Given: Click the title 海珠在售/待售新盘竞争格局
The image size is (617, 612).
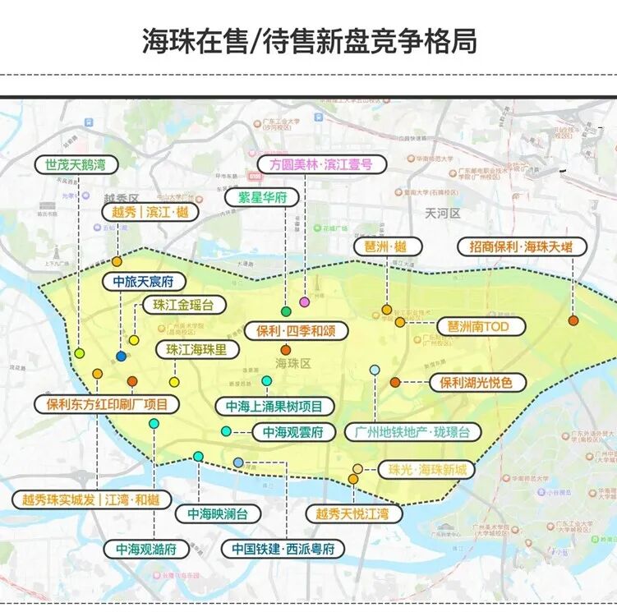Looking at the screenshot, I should pos(309,39).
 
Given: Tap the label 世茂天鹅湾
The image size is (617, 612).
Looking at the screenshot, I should pos(76,164).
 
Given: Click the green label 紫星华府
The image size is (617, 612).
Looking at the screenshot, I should pos(262,198).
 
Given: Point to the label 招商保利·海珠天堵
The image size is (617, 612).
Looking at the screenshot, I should pos(523,246).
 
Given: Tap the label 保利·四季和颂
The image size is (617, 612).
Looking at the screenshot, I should pos(296,331).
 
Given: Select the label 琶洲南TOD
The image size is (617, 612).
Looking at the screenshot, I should pos(479,326).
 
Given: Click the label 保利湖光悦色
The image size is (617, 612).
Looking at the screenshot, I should pos(476,383).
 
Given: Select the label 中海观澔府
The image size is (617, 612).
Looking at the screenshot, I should pos(146,549).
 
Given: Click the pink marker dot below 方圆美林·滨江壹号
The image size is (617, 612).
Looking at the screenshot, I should pos(305,302).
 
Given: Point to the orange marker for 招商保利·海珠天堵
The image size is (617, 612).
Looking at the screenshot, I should pos(573,320).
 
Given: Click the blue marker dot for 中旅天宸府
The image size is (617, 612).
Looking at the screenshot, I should pos(122,357).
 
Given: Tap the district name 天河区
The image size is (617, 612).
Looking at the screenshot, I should pos(443,214).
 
